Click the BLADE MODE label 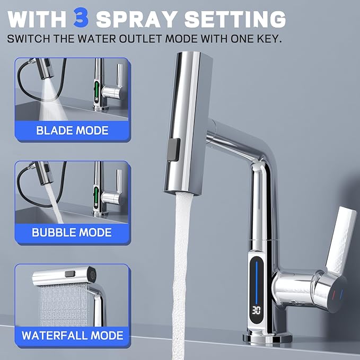pyautogui.click(x=72, y=130)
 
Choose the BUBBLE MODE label pyautogui.click(x=72, y=232)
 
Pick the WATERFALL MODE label pyautogui.click(x=72, y=335)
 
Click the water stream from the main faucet pyautogui.click(x=182, y=265)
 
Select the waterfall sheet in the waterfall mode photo pyautogui.click(x=61, y=305)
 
